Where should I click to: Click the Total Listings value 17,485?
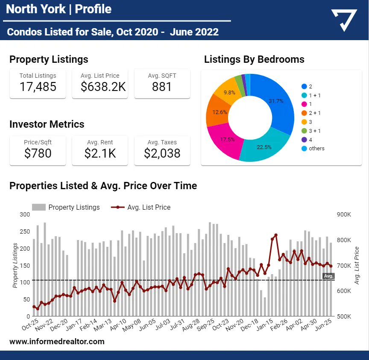coord(38,87)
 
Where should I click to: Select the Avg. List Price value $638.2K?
coord(103,87)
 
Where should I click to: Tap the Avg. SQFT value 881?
coord(162,87)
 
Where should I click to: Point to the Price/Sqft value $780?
coord(38,153)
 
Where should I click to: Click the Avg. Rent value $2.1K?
coord(100,153)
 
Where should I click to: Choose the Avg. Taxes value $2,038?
coord(162,153)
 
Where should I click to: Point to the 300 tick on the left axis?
coord(25,214)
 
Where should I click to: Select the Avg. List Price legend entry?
coord(141,208)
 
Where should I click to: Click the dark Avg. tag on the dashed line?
coord(328,276)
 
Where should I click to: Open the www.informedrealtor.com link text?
coord(57,341)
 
